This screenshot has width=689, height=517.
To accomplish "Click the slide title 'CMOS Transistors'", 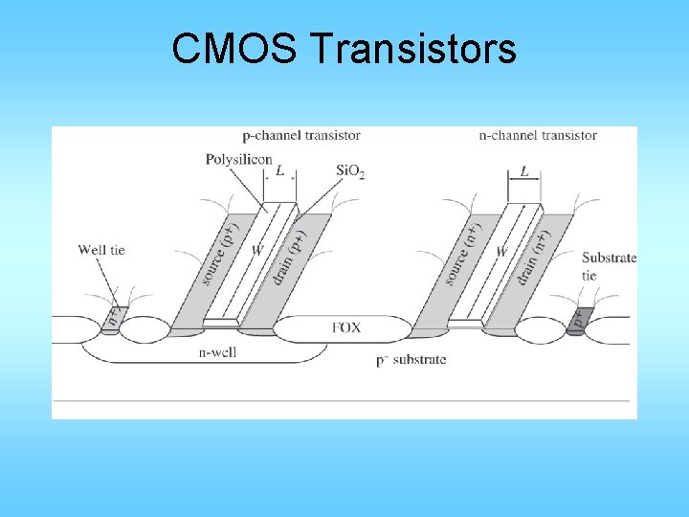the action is pos(344,49).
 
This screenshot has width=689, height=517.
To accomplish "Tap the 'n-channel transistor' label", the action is pos(538,135).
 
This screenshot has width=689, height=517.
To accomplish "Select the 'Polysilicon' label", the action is pos(238,160).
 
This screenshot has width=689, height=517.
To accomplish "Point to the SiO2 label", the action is pos(350,171).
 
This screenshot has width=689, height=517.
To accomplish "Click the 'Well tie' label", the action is pos(101,250).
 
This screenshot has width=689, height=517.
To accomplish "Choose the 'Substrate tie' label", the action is pos(609,266).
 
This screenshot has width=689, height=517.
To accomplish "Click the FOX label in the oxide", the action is pos(346,327).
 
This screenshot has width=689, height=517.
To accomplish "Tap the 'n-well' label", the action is pos(217,352).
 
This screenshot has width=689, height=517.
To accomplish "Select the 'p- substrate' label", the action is pos(412,360).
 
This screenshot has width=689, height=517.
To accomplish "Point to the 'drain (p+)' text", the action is pos(287,257).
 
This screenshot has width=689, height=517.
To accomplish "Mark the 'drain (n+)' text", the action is pos(532,257).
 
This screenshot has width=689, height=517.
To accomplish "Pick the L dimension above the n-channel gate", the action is pos(524,171).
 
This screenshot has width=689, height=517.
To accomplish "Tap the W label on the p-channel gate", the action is pos(257,251).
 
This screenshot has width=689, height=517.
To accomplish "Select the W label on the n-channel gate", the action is pos(501,251).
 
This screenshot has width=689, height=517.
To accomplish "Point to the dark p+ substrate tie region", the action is pos(576,320).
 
